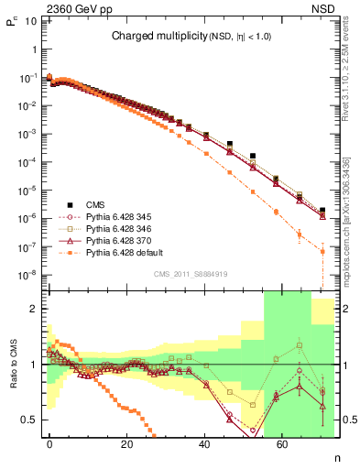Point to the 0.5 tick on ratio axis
pyautogui.click(x=29, y=420)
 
